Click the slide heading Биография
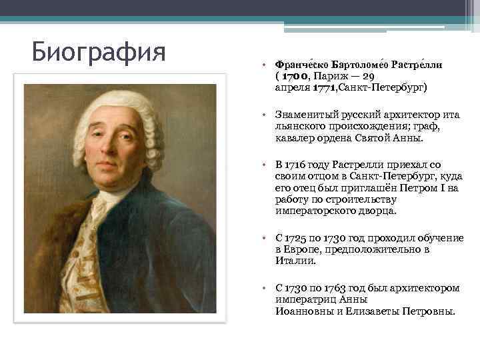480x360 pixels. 99,50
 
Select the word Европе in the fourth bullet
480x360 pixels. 301,249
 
